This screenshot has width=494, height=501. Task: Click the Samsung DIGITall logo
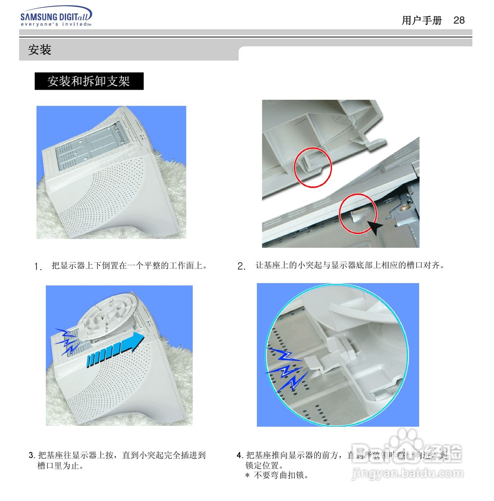point(56,17)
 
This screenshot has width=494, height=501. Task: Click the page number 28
point(459,20)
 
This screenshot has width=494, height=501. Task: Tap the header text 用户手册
point(422,20)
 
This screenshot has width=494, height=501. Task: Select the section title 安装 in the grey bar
point(40,50)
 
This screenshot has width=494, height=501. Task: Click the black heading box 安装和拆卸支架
point(89,81)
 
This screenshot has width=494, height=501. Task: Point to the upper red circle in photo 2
point(313,167)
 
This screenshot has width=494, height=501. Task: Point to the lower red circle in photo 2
point(357,214)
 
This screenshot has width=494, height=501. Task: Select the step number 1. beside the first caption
point(38,267)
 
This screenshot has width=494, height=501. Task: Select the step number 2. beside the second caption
point(242,266)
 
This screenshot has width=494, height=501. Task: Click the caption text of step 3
point(117,460)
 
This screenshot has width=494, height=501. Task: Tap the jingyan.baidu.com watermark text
point(407,473)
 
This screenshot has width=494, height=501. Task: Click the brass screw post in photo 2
point(404,205)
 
